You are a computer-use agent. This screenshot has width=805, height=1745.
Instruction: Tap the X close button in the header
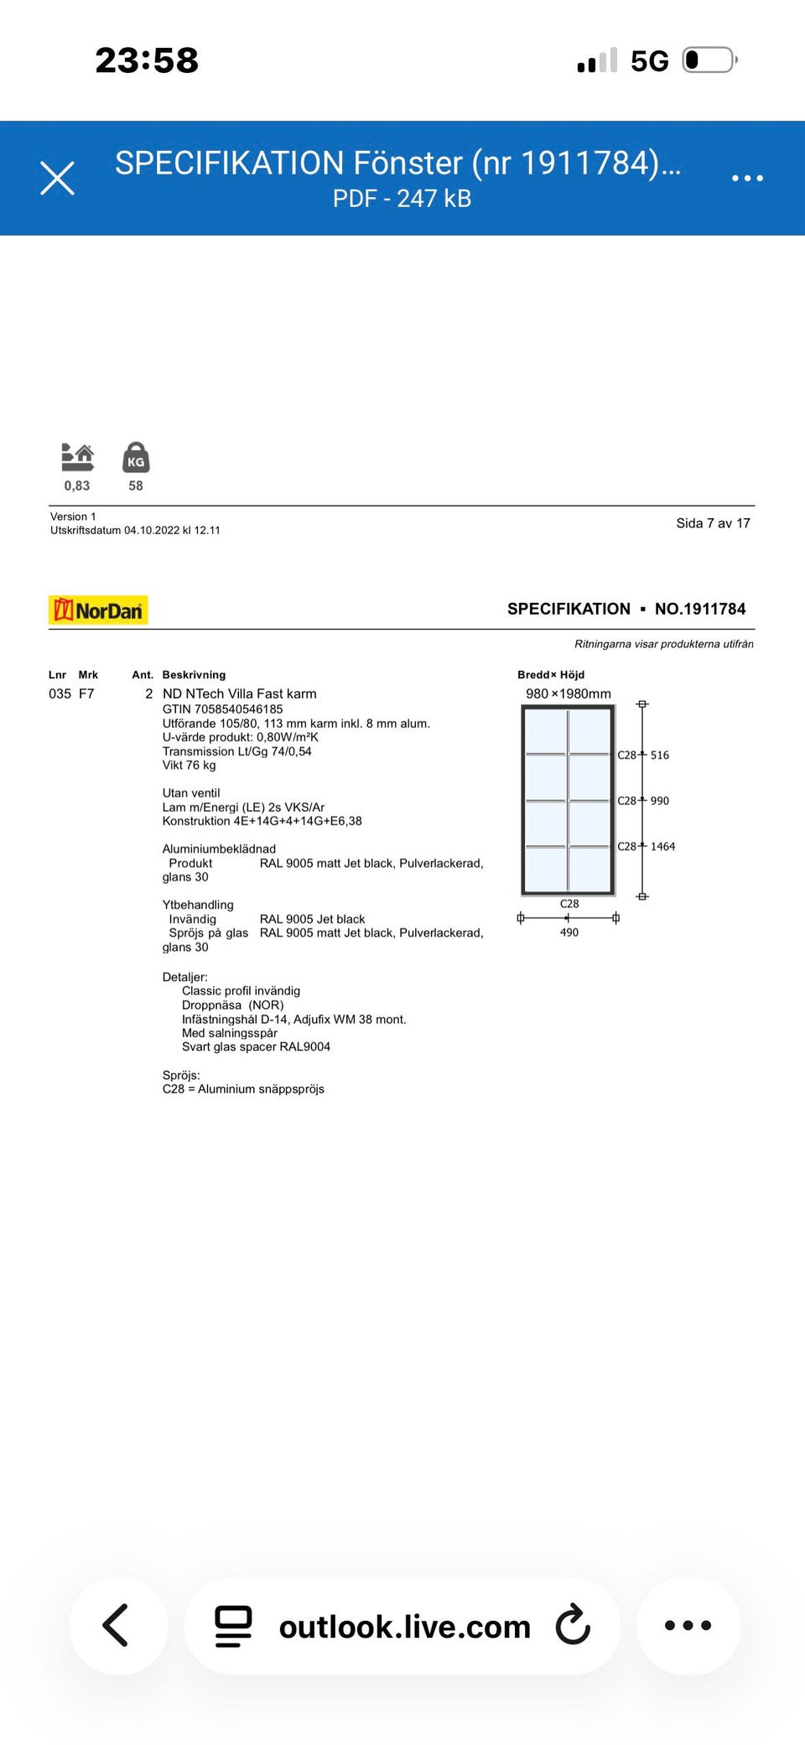(x=58, y=178)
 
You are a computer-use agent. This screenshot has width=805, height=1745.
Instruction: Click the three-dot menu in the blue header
(x=746, y=178)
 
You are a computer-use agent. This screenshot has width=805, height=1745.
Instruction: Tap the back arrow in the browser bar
(x=117, y=1625)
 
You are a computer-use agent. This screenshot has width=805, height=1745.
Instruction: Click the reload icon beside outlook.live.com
(x=574, y=1625)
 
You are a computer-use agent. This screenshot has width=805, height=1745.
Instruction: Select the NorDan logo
(x=98, y=610)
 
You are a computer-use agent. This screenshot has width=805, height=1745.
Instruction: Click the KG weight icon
(x=136, y=458)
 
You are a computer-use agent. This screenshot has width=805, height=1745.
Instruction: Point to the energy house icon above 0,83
(x=77, y=457)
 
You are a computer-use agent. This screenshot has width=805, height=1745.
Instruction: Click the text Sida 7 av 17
(x=713, y=523)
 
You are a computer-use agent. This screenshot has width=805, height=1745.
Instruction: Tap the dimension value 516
(x=660, y=756)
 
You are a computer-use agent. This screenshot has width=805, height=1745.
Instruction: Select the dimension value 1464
(x=662, y=847)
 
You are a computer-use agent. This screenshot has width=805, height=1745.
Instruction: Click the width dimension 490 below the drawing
(x=569, y=932)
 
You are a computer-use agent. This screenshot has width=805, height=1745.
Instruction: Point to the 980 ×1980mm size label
(x=568, y=693)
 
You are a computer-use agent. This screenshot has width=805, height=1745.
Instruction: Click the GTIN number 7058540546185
(x=238, y=709)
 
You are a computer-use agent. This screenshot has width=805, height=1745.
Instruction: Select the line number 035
(x=60, y=693)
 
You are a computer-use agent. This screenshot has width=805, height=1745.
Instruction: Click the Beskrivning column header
(x=194, y=675)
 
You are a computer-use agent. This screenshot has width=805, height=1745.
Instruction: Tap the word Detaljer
(x=184, y=977)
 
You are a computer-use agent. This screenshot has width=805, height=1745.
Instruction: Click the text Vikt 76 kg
(x=189, y=765)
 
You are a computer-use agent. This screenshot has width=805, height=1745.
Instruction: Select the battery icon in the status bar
(x=709, y=60)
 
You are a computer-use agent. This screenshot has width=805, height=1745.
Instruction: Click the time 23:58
(x=147, y=60)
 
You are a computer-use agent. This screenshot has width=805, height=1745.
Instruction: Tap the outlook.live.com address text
(x=404, y=1627)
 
